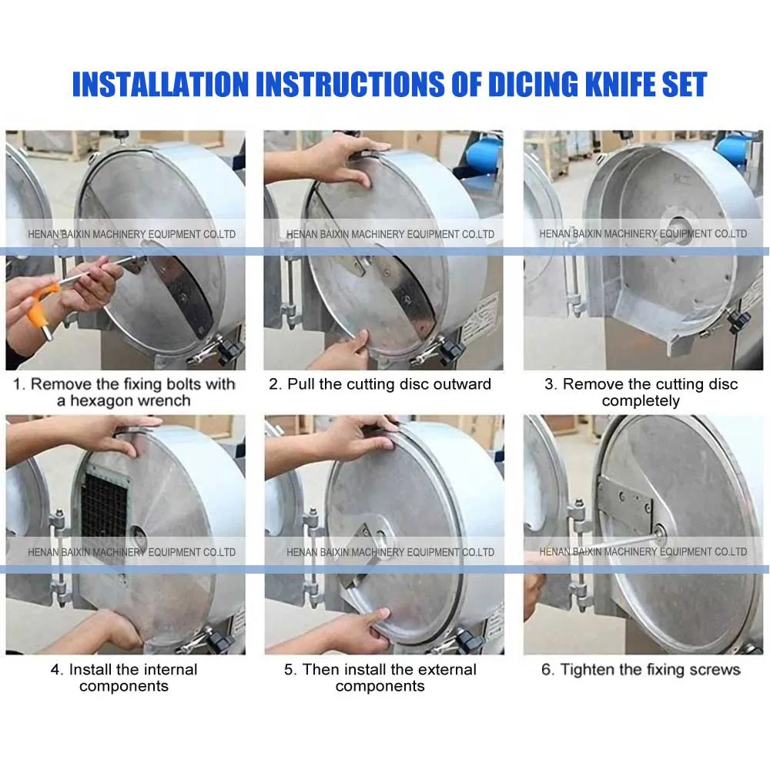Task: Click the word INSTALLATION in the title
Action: pos(161,84)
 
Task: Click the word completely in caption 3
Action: pos(641,401)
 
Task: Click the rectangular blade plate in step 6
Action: pos(627,504)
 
